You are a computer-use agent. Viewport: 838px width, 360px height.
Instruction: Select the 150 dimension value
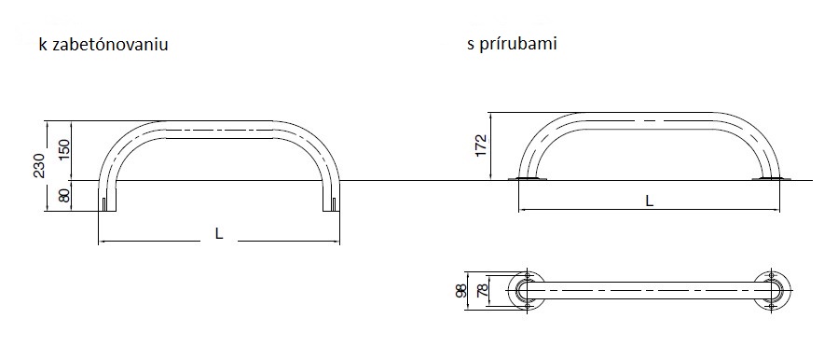click(x=64, y=152)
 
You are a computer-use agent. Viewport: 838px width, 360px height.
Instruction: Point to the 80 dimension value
click(x=64, y=196)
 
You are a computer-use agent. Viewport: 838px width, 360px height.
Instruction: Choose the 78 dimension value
click(x=482, y=291)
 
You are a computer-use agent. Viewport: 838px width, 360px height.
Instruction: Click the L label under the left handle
click(x=219, y=234)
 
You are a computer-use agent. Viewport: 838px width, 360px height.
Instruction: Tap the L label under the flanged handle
click(x=649, y=201)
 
